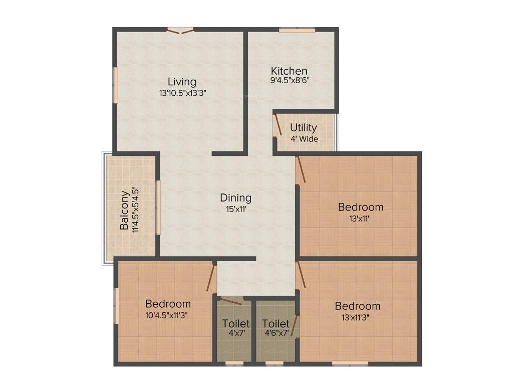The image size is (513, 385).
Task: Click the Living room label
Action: pyautogui.click(x=182, y=81)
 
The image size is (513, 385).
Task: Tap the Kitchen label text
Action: pyautogui.click(x=289, y=71)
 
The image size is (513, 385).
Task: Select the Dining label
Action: pyautogui.click(x=235, y=198)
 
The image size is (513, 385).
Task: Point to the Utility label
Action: pyautogui.click(x=303, y=127)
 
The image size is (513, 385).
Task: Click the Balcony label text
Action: pyautogui.click(x=124, y=210)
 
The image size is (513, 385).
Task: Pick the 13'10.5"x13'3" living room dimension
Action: pyautogui.click(x=182, y=93)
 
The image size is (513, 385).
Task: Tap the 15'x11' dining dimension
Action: pyautogui.click(x=235, y=209)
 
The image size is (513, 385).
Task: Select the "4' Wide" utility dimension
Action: pyautogui.click(x=304, y=139)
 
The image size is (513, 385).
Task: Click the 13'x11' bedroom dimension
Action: pyautogui.click(x=361, y=218)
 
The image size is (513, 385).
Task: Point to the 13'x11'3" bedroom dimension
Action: pyautogui.click(x=358, y=317)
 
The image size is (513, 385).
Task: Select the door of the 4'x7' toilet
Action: pyautogui.click(x=230, y=301)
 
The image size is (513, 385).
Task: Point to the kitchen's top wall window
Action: pyautogui.click(x=297, y=30)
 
